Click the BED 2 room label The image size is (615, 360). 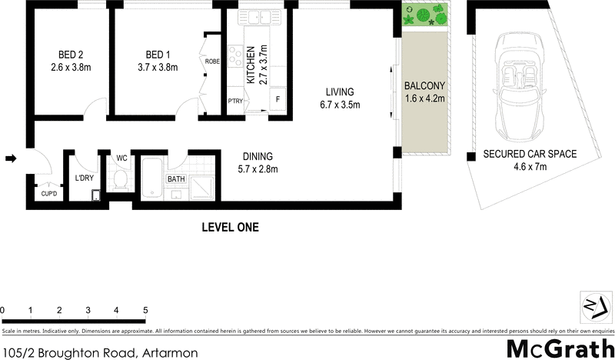point(70,55)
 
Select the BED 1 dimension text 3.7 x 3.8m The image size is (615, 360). point(157,68)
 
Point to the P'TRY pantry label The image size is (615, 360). point(235,101)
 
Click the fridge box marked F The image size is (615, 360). point(277,100)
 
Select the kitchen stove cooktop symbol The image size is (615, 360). point(235,56)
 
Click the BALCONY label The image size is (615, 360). point(424,85)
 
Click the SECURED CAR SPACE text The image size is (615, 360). point(529,154)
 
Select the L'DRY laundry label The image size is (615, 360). point(83,178)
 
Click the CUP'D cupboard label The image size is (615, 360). point(48,195)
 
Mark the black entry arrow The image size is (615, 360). point(11,159)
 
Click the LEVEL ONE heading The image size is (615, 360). point(230,228)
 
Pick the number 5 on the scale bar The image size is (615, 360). point(145,310)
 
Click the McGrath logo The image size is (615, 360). point(560,347)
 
